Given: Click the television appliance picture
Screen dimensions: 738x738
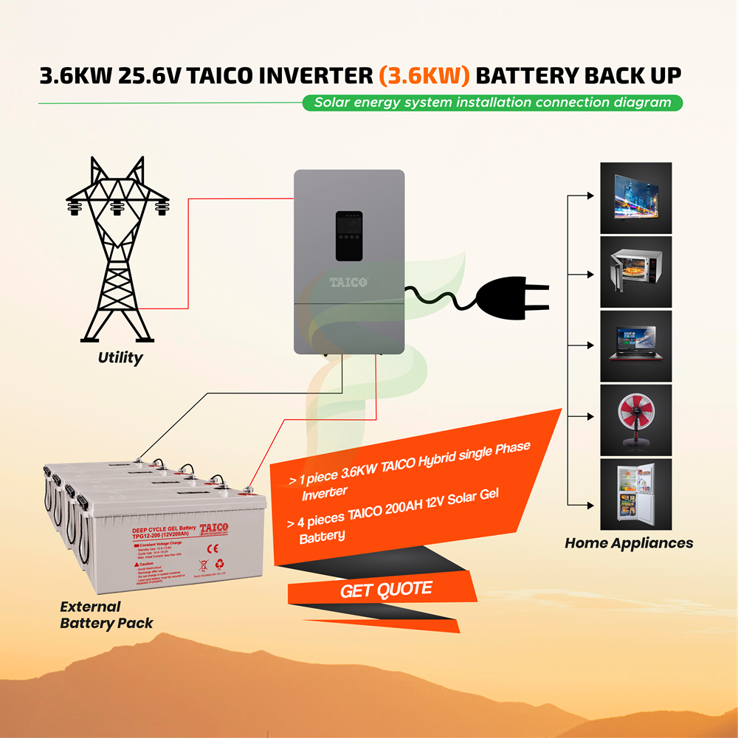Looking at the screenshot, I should tap(635, 196).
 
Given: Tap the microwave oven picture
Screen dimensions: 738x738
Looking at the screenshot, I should tap(635, 271).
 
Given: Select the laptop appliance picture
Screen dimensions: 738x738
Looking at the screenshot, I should tap(635, 345).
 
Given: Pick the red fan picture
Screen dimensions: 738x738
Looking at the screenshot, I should tap(635, 418).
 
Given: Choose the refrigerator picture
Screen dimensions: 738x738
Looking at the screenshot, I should tap(635, 493).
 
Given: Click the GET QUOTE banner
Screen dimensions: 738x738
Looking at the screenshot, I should tap(386, 590).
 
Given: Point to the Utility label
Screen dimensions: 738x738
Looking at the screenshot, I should tap(120, 358).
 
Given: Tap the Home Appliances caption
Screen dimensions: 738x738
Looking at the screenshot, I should tap(629, 543).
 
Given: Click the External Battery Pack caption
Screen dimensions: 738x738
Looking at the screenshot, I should tap(106, 615).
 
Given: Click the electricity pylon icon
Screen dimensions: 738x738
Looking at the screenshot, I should tap(117, 251).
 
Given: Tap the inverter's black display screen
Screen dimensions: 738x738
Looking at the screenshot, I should tap(349, 235).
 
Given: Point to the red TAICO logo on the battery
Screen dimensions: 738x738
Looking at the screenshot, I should tap(214, 528).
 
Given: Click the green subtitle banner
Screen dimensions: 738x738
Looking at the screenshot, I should tap(492, 103).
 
